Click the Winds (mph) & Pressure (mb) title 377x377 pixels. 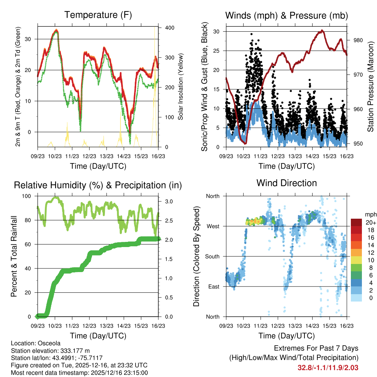point(286,15)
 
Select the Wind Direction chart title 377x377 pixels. point(286,183)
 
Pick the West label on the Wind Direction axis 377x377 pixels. point(212,226)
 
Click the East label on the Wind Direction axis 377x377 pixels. point(213,286)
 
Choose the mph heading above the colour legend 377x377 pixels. point(370,214)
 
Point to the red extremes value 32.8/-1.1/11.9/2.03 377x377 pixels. point(328,367)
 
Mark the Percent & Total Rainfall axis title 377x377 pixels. point(14,257)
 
